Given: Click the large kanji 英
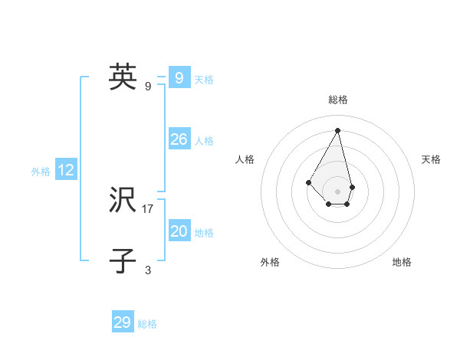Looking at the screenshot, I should click(123, 77).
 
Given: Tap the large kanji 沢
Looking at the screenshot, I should click(123, 201).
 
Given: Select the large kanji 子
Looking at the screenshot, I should click(123, 260).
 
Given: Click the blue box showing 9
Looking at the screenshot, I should click(179, 77).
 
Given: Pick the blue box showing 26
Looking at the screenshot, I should click(179, 139).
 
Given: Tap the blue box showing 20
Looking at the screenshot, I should click(179, 231).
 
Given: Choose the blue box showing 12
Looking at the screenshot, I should click(66, 171).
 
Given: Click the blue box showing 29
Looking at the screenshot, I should click(123, 322).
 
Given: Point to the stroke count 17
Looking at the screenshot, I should click(148, 208).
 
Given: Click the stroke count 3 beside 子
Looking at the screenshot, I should click(148, 270).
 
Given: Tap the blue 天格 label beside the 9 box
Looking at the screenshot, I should click(204, 79).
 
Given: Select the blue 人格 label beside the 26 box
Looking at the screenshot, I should click(204, 141).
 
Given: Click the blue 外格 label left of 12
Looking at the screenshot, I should click(41, 172).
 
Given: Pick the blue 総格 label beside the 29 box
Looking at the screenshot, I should click(147, 324).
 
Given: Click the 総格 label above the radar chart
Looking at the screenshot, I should click(338, 100).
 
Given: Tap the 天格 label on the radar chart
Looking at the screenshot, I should click(431, 159).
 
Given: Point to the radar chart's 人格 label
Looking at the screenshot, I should click(245, 159).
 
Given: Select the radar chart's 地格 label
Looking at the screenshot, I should click(402, 262).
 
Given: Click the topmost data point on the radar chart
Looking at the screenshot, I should click(338, 130).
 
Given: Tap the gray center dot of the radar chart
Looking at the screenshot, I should click(338, 191).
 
